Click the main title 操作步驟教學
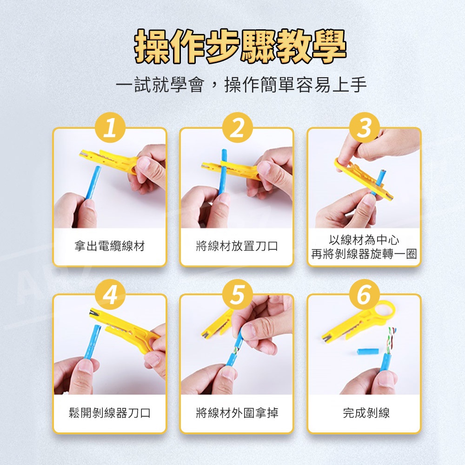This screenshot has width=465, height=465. [240, 46]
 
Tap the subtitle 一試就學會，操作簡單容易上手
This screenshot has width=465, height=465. [241, 85]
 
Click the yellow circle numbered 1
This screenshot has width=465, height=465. [110, 127]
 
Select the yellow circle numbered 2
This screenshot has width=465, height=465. [237, 127]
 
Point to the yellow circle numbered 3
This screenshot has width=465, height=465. [364, 127]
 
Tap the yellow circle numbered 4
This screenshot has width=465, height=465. [110, 294]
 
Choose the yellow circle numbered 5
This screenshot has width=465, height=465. [237, 294]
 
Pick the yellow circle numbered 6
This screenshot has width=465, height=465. [364, 294]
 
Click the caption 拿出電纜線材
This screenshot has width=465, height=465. [110, 246]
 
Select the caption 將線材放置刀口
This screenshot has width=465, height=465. [237, 246]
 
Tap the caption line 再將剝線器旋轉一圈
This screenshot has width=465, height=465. [364, 254]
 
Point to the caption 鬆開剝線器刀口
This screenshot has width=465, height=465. [110, 413]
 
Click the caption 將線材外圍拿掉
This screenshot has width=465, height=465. [237, 413]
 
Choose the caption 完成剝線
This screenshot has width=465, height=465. [366, 413]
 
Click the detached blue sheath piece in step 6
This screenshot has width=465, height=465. [368, 352]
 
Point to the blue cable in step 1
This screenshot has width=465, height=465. [93, 183]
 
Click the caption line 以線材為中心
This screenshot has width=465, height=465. [364, 240]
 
